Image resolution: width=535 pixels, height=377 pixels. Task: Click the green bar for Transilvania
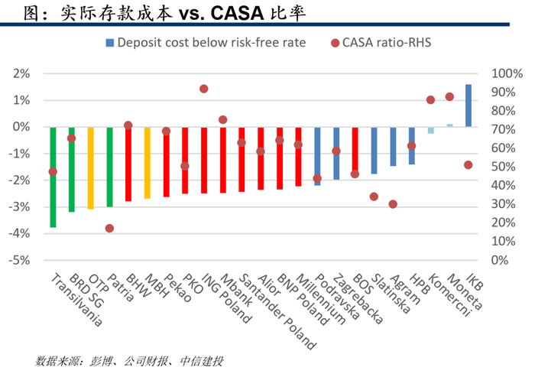(x=53, y=177)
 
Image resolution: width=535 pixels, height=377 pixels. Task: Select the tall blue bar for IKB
(x=469, y=106)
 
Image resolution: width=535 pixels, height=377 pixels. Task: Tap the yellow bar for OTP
(x=91, y=168)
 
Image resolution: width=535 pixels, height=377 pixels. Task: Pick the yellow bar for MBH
(x=148, y=163)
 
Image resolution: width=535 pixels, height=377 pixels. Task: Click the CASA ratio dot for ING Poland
(x=204, y=89)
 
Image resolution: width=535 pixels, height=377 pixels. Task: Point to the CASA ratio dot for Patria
(x=109, y=228)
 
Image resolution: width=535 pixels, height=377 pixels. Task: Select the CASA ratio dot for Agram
(x=393, y=204)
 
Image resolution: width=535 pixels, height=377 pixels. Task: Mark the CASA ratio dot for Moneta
(x=449, y=96)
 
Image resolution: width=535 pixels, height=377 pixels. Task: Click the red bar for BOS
(x=355, y=150)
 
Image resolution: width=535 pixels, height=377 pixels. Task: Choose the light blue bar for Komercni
(x=431, y=130)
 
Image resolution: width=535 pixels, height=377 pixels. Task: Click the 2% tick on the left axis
(x=22, y=73)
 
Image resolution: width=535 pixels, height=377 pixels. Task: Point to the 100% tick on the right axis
(x=507, y=73)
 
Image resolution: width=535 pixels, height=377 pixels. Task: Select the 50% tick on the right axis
(x=503, y=167)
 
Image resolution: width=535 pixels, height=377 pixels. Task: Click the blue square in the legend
(x=110, y=43)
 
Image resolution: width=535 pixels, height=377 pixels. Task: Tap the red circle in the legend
(x=335, y=43)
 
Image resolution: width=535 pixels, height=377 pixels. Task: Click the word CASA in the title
(x=238, y=13)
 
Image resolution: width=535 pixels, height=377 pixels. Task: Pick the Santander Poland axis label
(x=277, y=312)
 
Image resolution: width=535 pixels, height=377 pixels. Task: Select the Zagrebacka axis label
(x=358, y=298)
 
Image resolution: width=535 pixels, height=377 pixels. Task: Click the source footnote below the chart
(x=129, y=361)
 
